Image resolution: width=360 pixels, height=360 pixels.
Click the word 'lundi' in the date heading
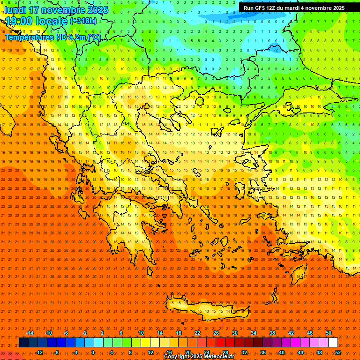point(15,10)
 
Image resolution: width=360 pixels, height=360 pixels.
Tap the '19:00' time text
point(18,21)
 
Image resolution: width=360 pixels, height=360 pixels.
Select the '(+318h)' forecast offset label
point(84,21)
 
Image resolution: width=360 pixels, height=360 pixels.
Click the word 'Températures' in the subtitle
point(28,37)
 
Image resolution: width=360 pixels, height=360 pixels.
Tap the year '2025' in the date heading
point(97,10)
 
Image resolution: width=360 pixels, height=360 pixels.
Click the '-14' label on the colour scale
point(30,333)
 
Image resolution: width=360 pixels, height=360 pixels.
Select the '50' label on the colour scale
point(329,333)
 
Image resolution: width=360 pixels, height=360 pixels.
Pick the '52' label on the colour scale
point(338,352)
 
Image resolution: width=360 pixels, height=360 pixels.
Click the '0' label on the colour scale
point(93,352)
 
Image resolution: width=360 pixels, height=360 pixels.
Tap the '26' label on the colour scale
point(216,333)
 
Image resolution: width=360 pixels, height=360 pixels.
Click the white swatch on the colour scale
point(333,343)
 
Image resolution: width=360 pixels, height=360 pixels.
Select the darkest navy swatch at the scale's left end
point(23,343)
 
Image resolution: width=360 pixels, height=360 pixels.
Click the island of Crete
point(202,307)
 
